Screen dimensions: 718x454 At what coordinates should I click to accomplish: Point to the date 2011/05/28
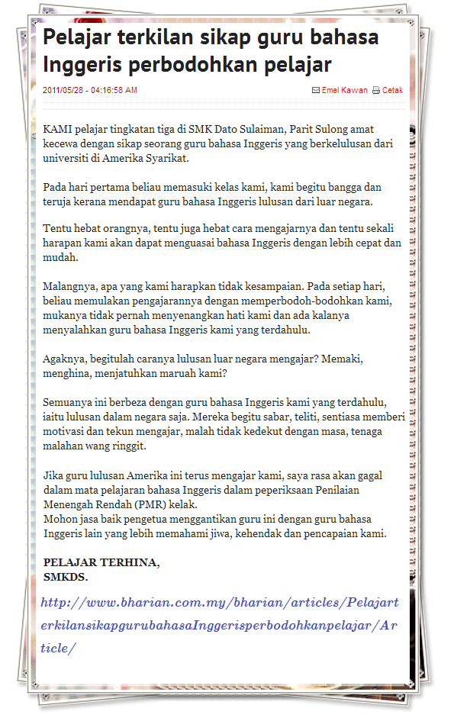coord(64,90)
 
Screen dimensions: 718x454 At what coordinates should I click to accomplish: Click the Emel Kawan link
coord(344,90)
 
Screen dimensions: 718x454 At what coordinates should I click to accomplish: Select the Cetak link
coord(392,90)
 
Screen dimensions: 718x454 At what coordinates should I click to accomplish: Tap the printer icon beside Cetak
coord(375,90)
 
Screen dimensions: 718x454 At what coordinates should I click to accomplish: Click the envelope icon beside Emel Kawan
coord(316,90)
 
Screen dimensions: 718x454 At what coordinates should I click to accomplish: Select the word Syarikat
coord(165,159)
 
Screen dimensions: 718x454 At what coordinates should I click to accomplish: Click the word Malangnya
coord(72,286)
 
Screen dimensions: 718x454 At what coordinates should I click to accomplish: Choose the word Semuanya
coord(69,402)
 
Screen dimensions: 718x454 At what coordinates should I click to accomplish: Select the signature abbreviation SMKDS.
coord(66,577)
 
